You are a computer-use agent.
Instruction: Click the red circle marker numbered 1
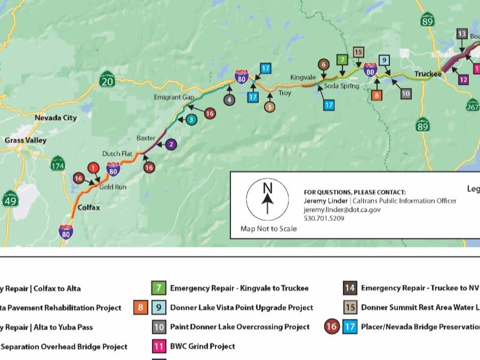point(94,169)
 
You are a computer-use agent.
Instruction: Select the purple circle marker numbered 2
point(171,144)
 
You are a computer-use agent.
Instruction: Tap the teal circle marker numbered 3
point(191,120)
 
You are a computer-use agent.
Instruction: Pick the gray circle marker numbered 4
point(229,100)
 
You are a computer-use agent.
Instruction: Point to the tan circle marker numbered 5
point(270,107)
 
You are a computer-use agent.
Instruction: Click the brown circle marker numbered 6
point(324,64)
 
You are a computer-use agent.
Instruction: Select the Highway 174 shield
point(58,165)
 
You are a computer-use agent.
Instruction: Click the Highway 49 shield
point(10,199)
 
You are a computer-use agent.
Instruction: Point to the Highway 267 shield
point(473,106)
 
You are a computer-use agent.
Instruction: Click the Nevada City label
point(55,118)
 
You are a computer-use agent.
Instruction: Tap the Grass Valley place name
point(26,140)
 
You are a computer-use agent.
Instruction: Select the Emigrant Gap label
point(174,98)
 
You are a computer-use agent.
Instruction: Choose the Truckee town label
point(429,74)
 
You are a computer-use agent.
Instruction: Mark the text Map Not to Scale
point(268,229)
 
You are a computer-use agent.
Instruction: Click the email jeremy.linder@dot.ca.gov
point(342,210)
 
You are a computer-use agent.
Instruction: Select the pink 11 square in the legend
point(159,346)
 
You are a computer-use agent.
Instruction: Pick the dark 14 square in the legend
point(350,289)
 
